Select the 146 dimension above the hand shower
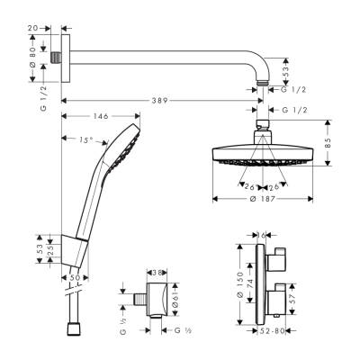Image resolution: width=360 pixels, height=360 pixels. pos(98,117)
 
